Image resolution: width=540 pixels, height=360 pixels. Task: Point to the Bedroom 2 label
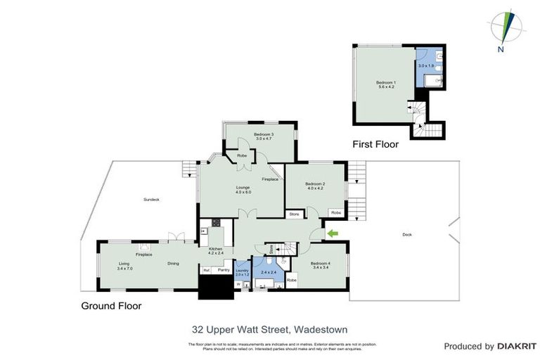coord(314,185)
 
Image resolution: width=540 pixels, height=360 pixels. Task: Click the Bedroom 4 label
coord(320,264)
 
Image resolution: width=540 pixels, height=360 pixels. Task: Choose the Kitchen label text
coord(215,248)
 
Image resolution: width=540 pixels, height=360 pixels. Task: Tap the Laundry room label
coord(243,269)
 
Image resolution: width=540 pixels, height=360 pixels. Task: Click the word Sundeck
coord(151,200)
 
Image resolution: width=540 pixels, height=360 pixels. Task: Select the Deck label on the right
coord(406,235)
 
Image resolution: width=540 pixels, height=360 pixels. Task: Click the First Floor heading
coord(375,145)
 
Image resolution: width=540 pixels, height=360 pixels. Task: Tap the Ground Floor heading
coord(111,306)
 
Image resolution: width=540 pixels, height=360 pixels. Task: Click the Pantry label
coord(224,269)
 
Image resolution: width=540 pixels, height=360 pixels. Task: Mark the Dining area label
coord(173,264)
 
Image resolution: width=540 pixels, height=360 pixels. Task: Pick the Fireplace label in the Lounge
coord(270,180)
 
